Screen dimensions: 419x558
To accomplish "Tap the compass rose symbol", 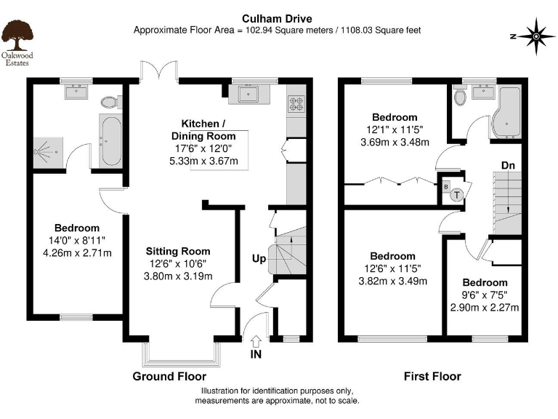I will [x=537, y=36].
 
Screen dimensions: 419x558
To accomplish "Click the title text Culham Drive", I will [x=278, y=18].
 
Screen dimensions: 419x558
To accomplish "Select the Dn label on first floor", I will [x=509, y=166].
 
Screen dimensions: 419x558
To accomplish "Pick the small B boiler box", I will [x=445, y=185].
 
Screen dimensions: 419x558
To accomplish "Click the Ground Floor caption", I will [x=169, y=376].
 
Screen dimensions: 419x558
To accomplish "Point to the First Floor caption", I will [x=432, y=376].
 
